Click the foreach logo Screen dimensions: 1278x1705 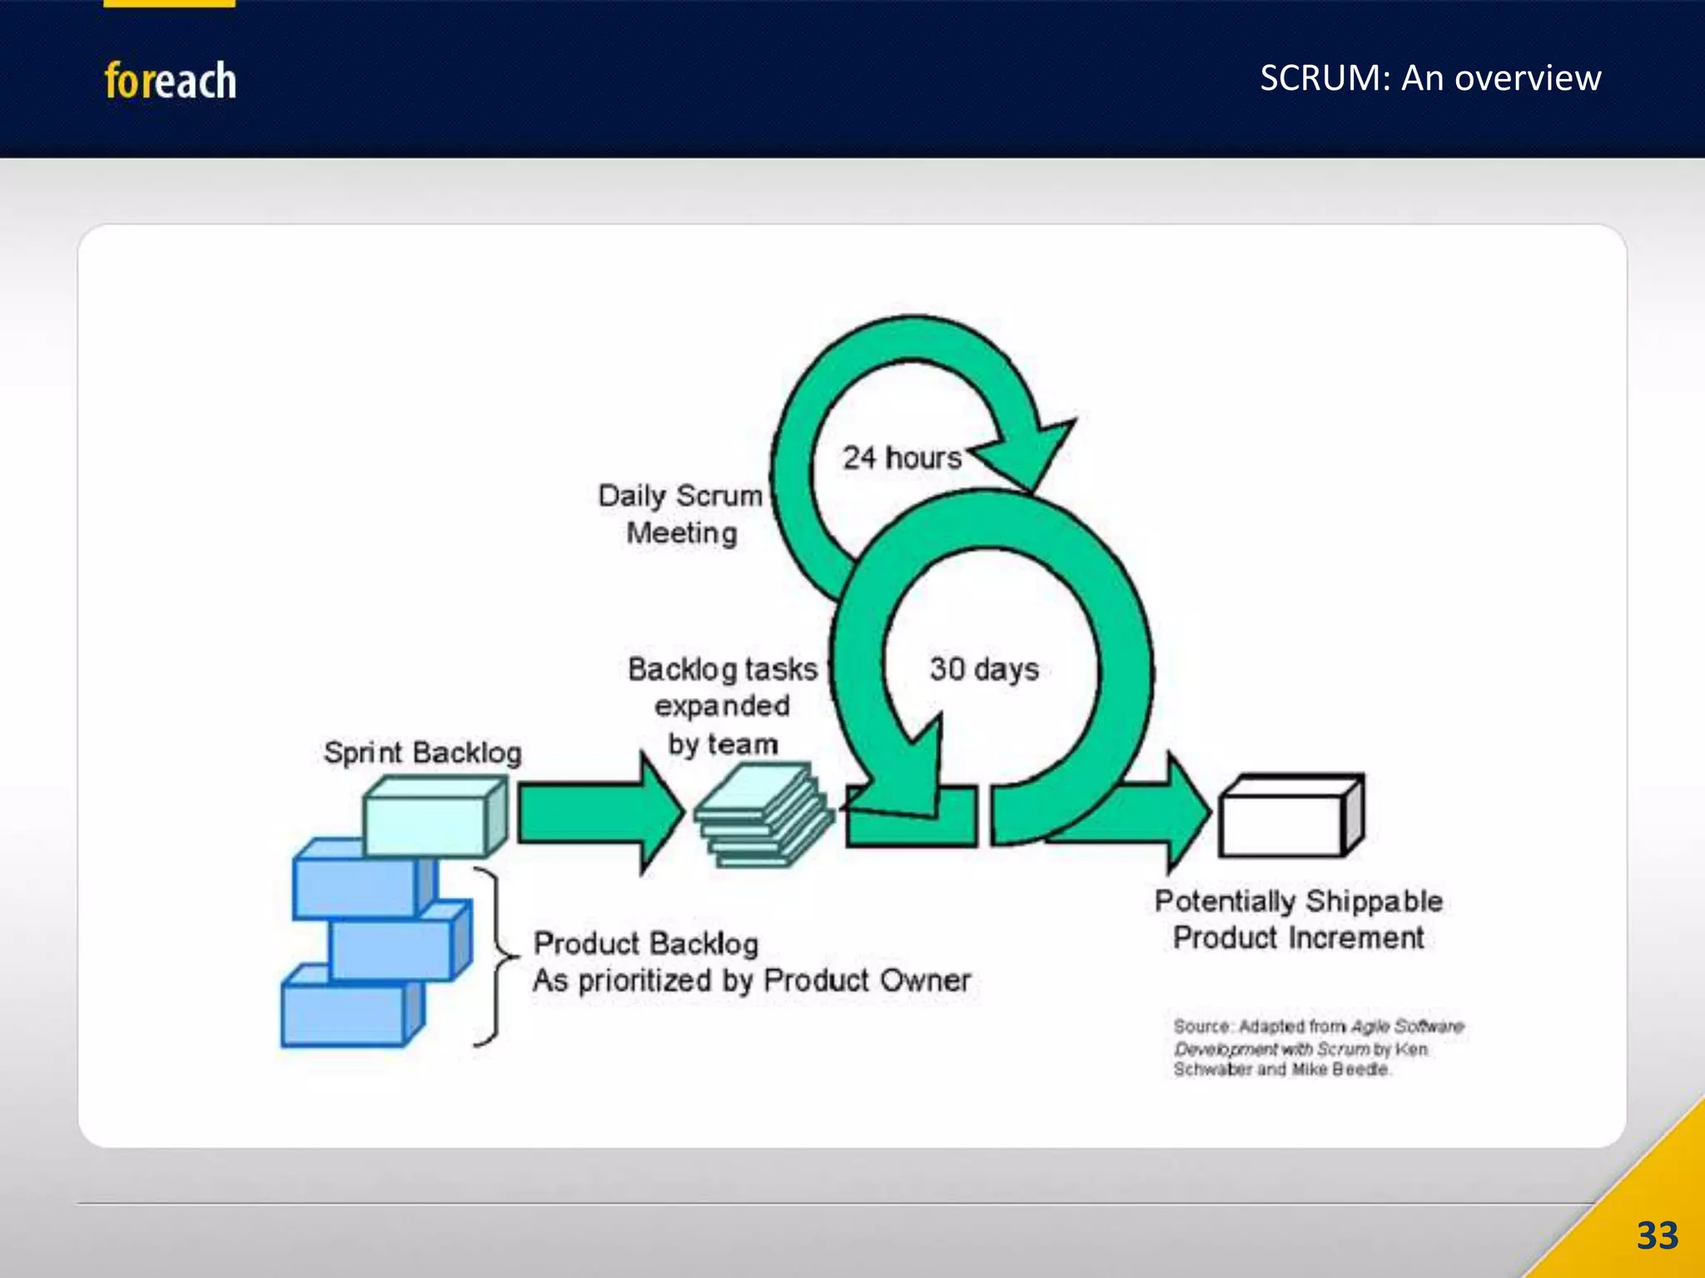[170, 81]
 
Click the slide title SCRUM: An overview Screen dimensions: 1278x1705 [1429, 78]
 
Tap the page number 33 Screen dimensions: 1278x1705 [1657, 1236]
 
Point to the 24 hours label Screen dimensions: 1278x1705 [902, 458]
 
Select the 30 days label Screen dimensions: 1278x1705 [984, 669]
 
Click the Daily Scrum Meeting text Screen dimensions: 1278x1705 [680, 514]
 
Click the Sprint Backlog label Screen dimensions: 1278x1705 [422, 752]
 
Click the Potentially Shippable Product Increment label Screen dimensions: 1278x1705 [1298, 919]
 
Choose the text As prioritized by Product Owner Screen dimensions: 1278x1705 [751, 981]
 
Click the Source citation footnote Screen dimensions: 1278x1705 [1318, 1048]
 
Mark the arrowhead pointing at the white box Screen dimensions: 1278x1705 [1186, 811]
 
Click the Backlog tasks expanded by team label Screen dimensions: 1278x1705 [722, 706]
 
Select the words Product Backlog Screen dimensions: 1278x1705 [646, 944]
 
